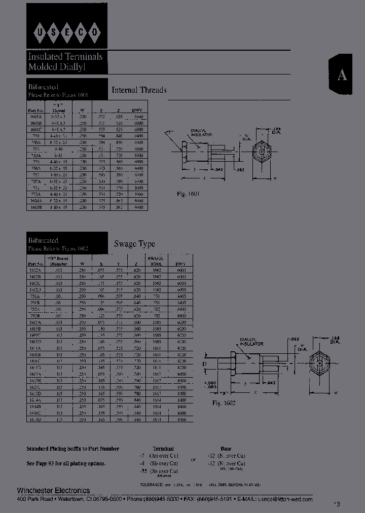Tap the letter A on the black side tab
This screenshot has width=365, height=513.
pyautogui.click(x=343, y=75)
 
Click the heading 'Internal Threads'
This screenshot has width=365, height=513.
pyautogui.click(x=139, y=90)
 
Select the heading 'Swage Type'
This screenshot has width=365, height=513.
pyautogui.click(x=134, y=244)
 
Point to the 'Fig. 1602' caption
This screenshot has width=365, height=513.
pyautogui.click(x=224, y=402)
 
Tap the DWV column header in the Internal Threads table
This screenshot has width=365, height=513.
pyautogui.click(x=137, y=110)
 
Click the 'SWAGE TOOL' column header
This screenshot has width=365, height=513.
pyautogui.click(x=155, y=261)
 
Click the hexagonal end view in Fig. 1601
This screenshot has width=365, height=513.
pyautogui.click(x=262, y=152)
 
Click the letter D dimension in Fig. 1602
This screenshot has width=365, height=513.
pyautogui.click(x=205, y=364)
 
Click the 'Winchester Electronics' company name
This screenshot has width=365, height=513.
pyautogui.click(x=53, y=490)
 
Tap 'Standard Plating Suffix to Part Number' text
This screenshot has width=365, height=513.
pyautogui.click(x=72, y=449)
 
